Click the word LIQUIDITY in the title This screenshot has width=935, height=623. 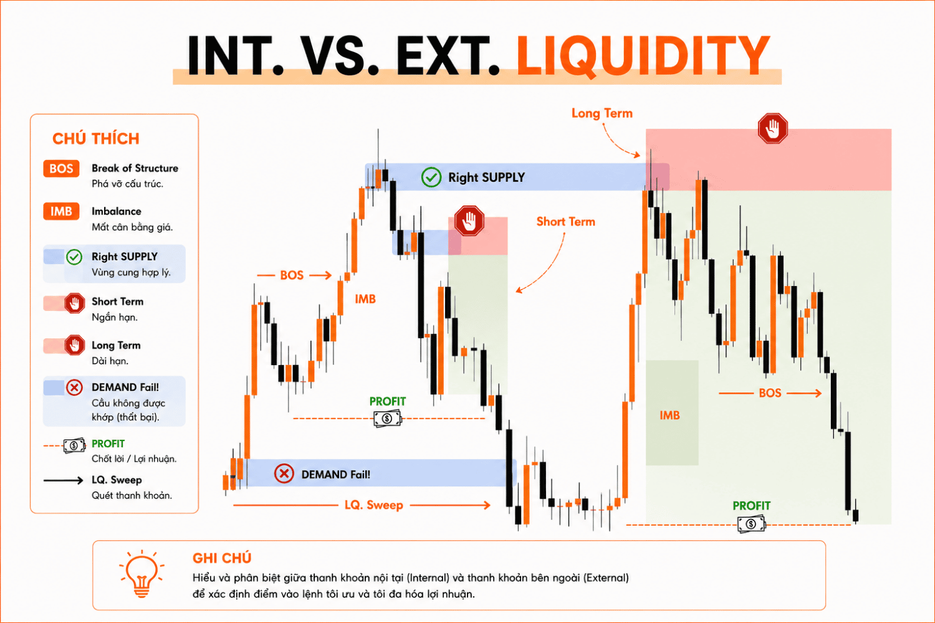tap(643, 56)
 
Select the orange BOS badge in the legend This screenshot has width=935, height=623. tap(61, 169)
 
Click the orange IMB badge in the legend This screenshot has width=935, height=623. tap(61, 212)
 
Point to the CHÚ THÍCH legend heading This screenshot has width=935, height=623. tap(95, 138)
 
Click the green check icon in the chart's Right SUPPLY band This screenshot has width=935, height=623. tap(431, 178)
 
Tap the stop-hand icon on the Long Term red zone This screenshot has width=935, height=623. tap(773, 128)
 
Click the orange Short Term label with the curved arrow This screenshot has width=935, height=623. tap(565, 222)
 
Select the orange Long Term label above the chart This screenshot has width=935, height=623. tap(602, 113)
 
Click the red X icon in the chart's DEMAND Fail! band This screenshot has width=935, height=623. tap(284, 473)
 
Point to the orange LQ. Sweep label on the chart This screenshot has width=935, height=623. tap(373, 505)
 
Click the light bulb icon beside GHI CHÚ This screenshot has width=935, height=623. tap(141, 574)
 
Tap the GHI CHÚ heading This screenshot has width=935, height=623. tap(222, 558)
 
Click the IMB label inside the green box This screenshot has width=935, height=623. tap(669, 415)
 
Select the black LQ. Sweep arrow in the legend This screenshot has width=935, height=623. tap(64, 481)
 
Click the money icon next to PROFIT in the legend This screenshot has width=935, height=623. tap(74, 445)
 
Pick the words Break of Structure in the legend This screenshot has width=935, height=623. tap(135, 168)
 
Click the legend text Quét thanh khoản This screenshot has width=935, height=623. tap(132, 495)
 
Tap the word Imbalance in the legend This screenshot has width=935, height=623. tap(117, 211)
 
